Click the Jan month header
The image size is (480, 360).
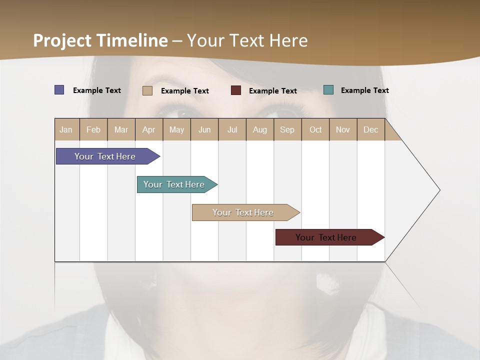66,129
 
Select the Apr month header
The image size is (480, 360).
149,129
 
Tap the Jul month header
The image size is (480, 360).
232,129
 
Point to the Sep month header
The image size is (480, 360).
287,129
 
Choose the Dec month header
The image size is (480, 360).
370,129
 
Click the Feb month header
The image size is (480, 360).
93,129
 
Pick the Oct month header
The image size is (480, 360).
315,129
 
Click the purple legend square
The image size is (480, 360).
59,90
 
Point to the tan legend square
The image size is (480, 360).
147,90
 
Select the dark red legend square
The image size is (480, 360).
236,90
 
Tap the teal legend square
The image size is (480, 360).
328,90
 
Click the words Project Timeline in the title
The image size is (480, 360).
100,40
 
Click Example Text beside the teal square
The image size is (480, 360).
364,90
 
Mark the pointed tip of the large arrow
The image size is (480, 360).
439,190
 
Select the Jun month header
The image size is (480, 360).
204,129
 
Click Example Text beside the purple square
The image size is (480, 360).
96,90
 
